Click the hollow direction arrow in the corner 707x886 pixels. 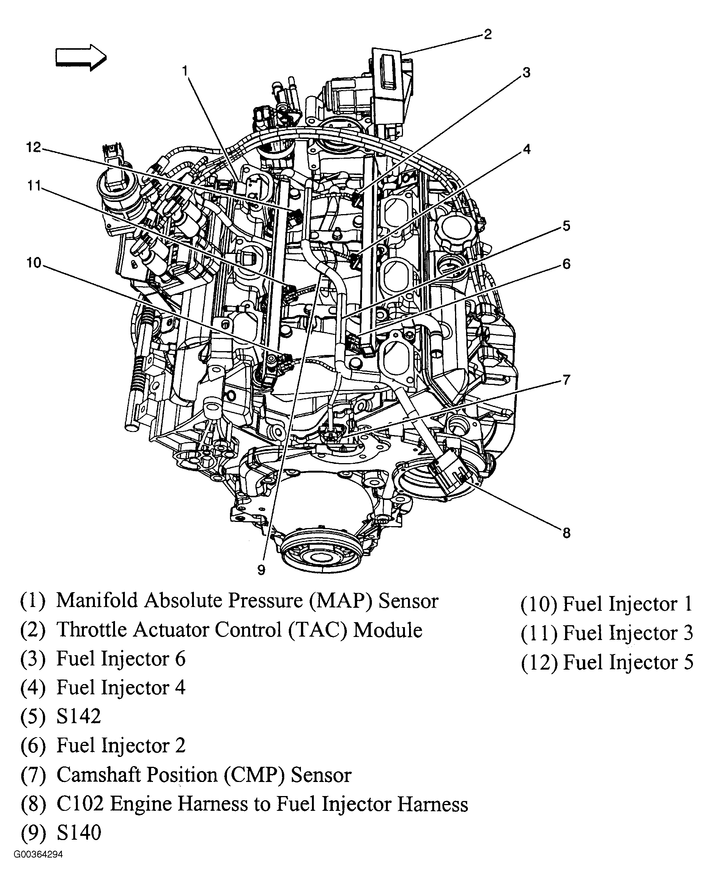(x=80, y=58)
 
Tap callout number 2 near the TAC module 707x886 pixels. (x=487, y=35)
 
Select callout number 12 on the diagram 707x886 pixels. (x=34, y=147)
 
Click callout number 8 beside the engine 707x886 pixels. (x=566, y=533)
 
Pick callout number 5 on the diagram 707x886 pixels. (x=566, y=225)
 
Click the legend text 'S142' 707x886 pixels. (x=79, y=716)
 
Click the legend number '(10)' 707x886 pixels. (x=539, y=604)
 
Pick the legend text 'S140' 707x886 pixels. (x=79, y=832)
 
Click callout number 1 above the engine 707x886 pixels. (x=185, y=71)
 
